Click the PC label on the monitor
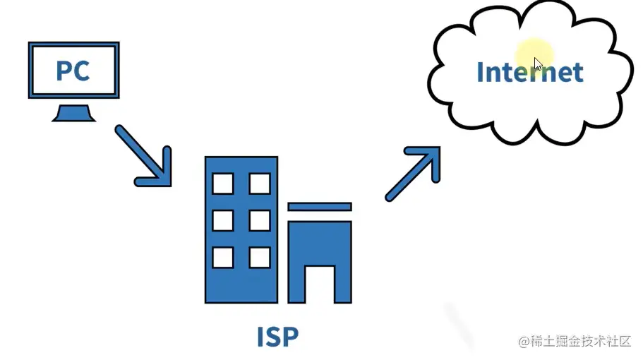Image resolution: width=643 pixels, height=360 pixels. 73,71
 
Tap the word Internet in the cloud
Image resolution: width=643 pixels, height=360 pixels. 529,72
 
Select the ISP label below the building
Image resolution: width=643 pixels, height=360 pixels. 277,337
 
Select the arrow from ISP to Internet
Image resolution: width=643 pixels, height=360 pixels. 413,174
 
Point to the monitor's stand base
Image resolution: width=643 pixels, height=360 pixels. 73,114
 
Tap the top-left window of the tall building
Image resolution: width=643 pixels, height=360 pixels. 223,184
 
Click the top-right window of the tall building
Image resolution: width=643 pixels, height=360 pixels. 259,184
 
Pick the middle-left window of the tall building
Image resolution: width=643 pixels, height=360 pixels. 223,220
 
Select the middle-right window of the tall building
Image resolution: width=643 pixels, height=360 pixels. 259,220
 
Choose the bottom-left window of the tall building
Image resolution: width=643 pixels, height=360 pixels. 223,257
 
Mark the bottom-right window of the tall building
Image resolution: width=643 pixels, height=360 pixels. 259,257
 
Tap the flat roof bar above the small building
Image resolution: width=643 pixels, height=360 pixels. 320,206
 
